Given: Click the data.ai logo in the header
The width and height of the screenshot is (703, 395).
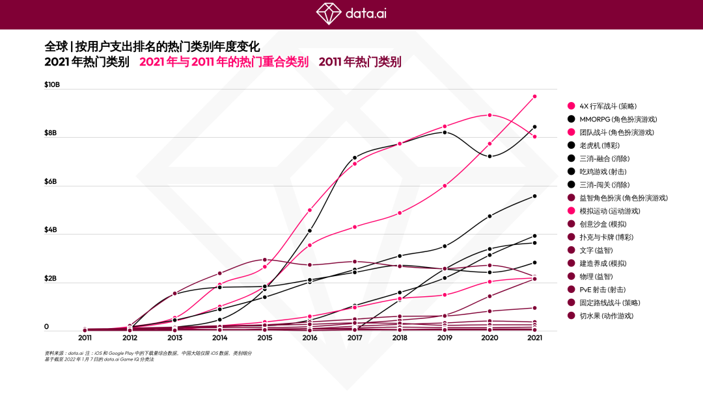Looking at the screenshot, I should (x=351, y=13).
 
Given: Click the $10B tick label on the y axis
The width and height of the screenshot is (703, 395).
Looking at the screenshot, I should (x=52, y=85).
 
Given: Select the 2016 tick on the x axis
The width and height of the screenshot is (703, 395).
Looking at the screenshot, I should (x=310, y=338).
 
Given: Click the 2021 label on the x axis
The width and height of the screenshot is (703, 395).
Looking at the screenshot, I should (x=534, y=338).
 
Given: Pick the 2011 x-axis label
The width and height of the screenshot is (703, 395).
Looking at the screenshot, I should (x=85, y=338).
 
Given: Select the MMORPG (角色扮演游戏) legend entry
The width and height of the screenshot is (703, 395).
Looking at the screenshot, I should (x=618, y=119).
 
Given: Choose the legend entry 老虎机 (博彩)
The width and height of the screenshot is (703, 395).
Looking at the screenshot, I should (x=601, y=145).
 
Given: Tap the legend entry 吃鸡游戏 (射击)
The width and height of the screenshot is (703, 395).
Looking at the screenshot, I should (x=604, y=172).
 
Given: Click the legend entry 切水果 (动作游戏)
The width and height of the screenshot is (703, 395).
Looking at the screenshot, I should (x=605, y=316).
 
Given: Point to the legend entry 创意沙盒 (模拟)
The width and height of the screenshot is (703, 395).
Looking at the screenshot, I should (x=603, y=224).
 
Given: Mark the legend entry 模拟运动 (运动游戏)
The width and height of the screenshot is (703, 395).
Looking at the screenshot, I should (x=609, y=211).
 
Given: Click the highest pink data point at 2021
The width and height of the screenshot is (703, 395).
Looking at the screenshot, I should (x=534, y=97).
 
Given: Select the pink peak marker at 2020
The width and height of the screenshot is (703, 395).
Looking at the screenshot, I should (x=489, y=115).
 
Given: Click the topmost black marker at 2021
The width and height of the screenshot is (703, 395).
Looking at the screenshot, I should (x=534, y=127).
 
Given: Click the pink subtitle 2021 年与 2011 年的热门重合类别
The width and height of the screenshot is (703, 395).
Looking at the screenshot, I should (x=224, y=62).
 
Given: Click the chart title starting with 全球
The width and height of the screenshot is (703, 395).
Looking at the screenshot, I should (x=152, y=47).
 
